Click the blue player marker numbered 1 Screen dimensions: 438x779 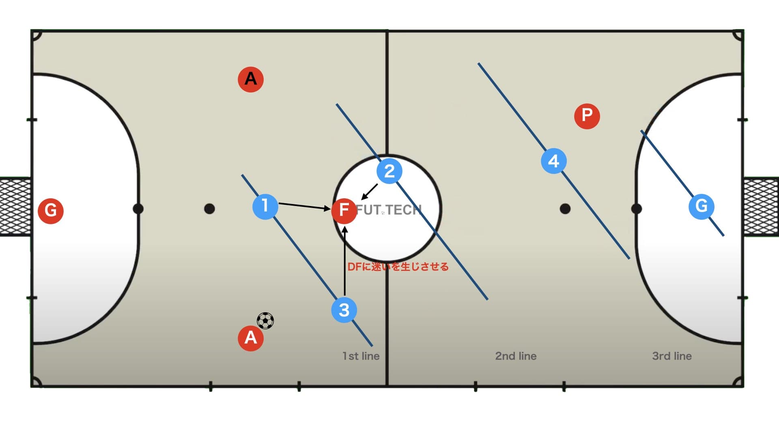click(x=265, y=206)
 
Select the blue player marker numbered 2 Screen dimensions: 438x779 click(x=389, y=171)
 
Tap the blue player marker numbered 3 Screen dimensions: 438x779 click(x=344, y=310)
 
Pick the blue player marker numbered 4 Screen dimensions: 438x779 click(x=554, y=161)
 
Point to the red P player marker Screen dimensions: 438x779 click(x=587, y=116)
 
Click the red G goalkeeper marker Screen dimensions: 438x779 click(x=51, y=210)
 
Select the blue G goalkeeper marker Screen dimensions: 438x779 click(x=701, y=206)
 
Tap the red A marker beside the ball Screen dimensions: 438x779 click(x=251, y=338)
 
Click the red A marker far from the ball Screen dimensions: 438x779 click(x=251, y=79)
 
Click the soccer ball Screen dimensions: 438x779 click(x=265, y=320)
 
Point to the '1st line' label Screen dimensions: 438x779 click(x=361, y=356)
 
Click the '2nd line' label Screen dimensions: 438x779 click(x=516, y=356)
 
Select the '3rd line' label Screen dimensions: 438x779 click(x=672, y=356)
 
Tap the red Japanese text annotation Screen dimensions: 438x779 click(x=398, y=267)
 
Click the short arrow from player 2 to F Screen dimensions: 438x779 click(x=369, y=192)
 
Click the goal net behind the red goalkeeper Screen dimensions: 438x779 click(x=15, y=207)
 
